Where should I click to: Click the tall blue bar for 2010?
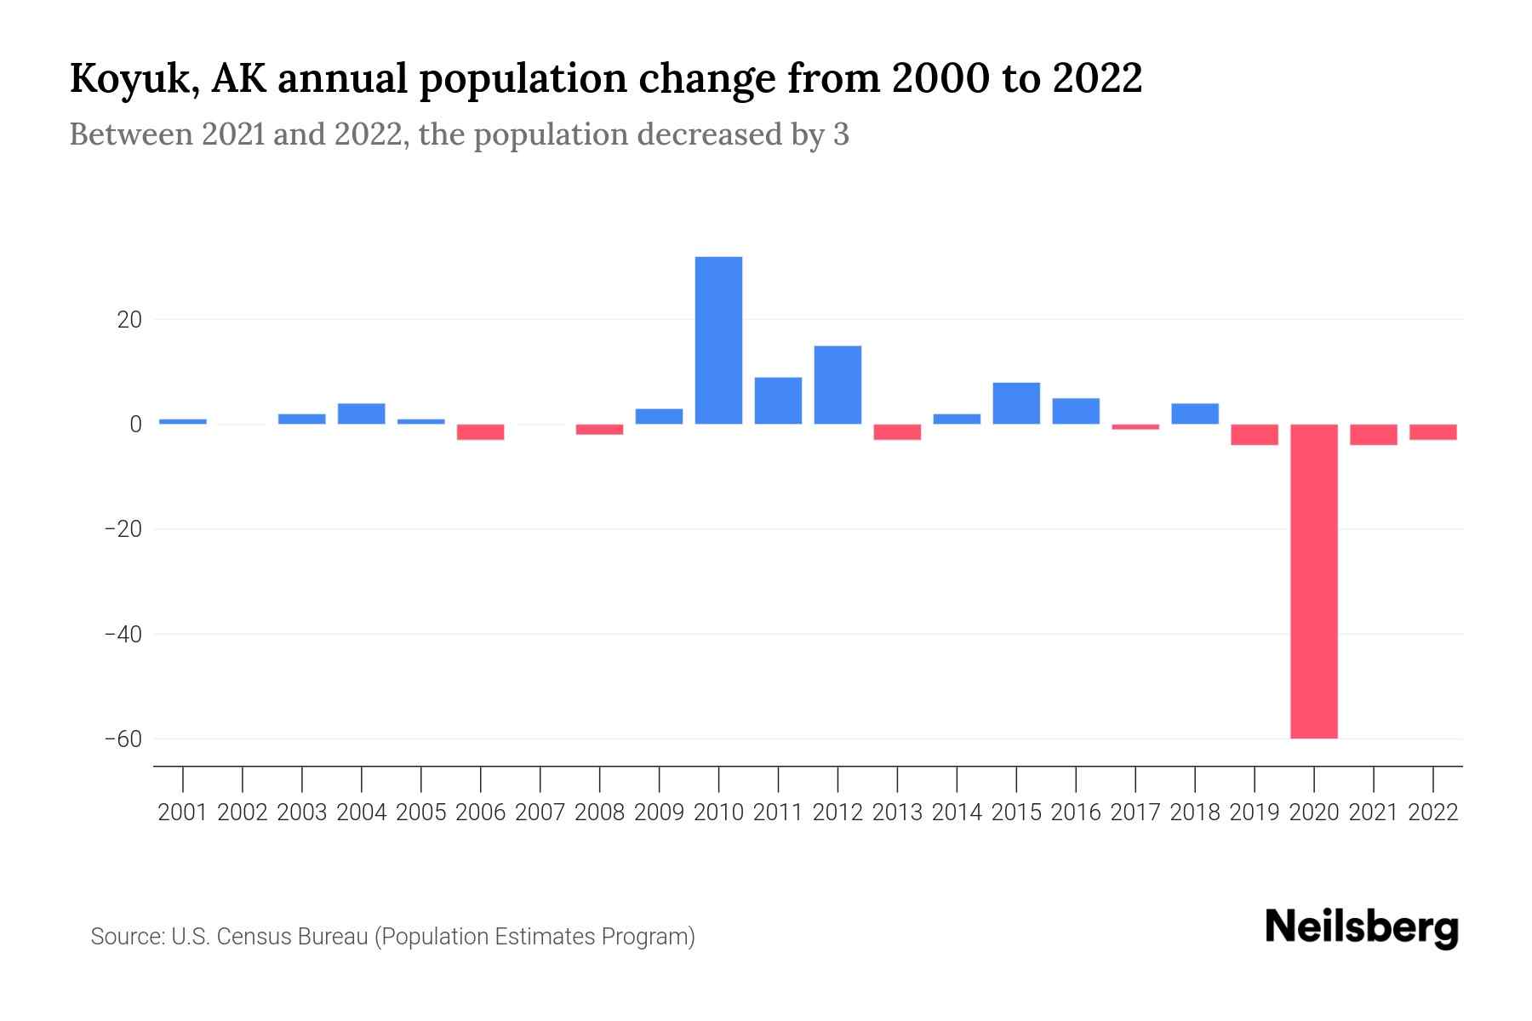click(x=718, y=340)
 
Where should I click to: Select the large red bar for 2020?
click(x=1313, y=581)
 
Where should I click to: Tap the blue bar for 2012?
click(x=837, y=385)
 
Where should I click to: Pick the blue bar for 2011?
click(x=778, y=401)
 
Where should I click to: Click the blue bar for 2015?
click(x=1016, y=403)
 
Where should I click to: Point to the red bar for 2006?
click(x=481, y=432)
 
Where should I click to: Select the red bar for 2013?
click(x=897, y=432)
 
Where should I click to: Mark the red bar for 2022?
click(x=1432, y=432)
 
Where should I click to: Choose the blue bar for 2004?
click(x=362, y=414)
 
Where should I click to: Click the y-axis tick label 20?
click(x=129, y=320)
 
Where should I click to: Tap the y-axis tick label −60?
click(x=123, y=739)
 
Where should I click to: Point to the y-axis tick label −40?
click(x=123, y=634)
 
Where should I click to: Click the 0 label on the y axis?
click(x=135, y=425)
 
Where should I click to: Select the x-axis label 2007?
click(x=540, y=813)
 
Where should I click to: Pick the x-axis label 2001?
click(x=183, y=813)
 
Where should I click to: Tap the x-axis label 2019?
click(x=1255, y=813)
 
